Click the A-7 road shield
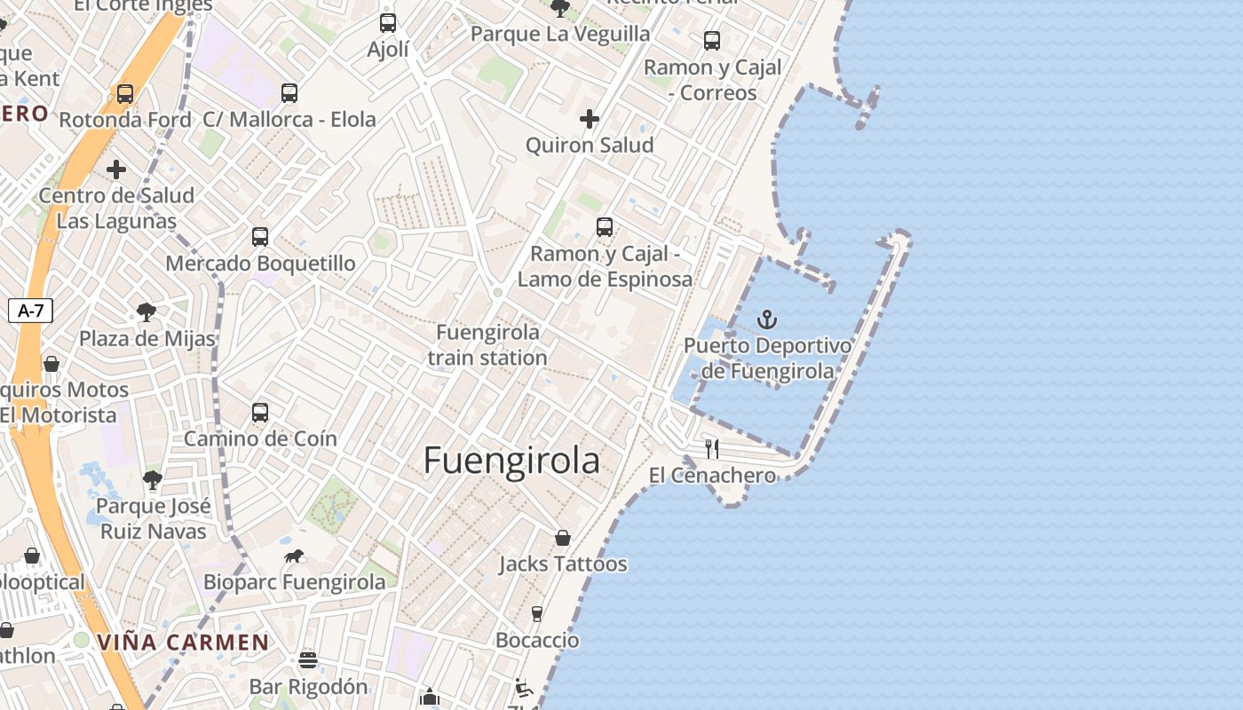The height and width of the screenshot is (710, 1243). [x=31, y=311]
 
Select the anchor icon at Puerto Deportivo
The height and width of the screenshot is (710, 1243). [x=767, y=319]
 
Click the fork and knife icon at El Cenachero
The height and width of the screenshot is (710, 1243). [x=711, y=448]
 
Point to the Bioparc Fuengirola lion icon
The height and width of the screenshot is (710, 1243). [x=294, y=556]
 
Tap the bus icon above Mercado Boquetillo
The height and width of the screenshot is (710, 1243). [x=259, y=237]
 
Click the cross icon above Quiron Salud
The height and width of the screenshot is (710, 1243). [x=590, y=119]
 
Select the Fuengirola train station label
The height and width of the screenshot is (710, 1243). [x=487, y=345]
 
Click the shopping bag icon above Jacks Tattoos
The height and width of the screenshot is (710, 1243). [x=562, y=538]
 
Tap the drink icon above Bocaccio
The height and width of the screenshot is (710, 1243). [x=536, y=613]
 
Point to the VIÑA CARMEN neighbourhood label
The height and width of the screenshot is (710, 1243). [x=184, y=643]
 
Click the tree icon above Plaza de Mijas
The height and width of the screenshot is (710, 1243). [x=146, y=312]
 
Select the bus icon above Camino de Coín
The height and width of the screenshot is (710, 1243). [x=259, y=413]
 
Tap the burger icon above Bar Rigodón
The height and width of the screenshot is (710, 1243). [x=308, y=660]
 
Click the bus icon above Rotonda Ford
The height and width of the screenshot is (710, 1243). [x=125, y=94]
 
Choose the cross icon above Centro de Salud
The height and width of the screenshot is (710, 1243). [x=116, y=170]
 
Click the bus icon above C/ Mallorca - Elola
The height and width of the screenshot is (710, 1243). [x=289, y=93]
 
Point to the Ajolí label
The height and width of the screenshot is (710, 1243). [x=388, y=50]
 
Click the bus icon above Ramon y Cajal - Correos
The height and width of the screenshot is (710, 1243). [x=712, y=41]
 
